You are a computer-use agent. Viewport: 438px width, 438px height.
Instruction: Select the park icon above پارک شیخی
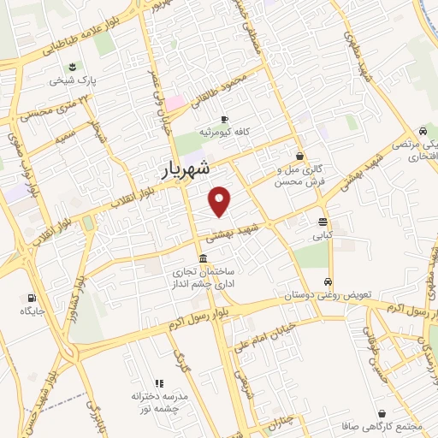pos(72,67)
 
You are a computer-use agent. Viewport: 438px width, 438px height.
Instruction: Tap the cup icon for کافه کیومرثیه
pos(224,119)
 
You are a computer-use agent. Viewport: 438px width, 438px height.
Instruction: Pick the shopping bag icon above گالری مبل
pos(299,156)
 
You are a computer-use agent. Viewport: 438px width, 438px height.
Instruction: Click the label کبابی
pos(322,233)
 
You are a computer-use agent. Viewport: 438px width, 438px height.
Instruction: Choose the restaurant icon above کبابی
pos(322,220)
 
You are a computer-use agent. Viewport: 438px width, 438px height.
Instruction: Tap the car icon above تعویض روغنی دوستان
pos(328,281)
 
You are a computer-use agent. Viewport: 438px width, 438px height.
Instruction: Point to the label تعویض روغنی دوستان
pos(328,294)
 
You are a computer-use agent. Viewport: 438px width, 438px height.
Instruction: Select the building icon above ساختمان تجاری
pos(203,258)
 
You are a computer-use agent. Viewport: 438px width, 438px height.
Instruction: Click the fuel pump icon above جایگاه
pos(32,299)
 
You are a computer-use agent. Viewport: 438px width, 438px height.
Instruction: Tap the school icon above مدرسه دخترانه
pos(158,383)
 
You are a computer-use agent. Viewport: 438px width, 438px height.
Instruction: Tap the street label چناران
pos(279,417)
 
